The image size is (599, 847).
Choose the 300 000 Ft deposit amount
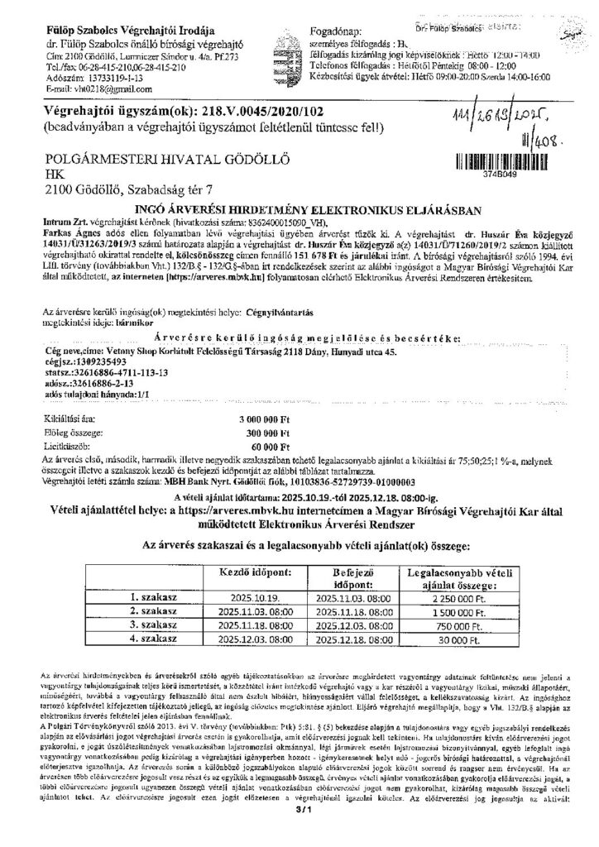tap(266, 433)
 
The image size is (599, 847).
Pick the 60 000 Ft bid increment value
tap(270, 444)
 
